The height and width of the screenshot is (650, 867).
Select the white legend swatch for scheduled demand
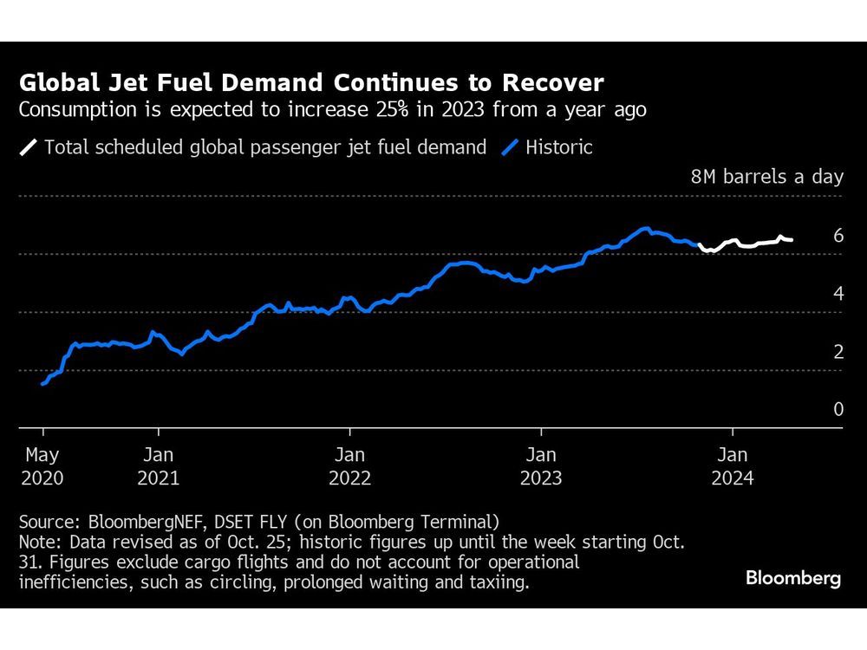tap(29, 147)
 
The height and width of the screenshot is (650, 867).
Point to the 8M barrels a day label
tap(766, 177)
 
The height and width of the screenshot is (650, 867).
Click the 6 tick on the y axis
tap(838, 236)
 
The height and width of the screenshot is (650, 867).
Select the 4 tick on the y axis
tap(838, 294)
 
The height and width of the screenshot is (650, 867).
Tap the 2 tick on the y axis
tap(838, 352)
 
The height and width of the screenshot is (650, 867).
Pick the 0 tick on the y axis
tap(838, 409)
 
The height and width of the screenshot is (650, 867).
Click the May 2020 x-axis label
tap(43, 465)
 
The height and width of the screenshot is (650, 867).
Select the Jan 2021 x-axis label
tap(158, 465)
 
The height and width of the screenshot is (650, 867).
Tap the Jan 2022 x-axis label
tap(349, 465)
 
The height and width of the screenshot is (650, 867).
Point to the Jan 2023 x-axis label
tap(541, 465)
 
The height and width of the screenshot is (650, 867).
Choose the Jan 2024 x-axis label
tap(733, 465)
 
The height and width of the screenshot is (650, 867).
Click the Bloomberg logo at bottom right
tap(793, 579)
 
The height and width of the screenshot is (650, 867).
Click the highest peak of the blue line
tap(645, 229)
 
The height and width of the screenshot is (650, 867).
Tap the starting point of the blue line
tap(42, 383)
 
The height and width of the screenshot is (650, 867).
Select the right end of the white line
tap(792, 240)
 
